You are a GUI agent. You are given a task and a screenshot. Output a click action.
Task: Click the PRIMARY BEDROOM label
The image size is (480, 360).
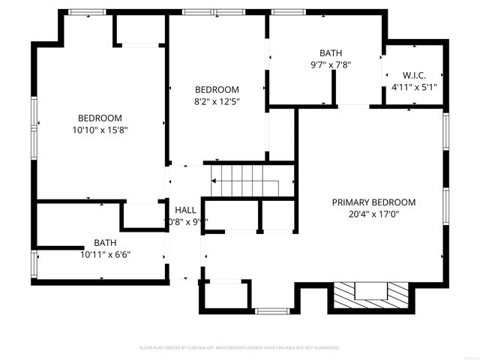coord(373,202)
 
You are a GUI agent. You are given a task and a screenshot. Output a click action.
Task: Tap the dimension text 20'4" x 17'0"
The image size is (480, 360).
coord(373,214)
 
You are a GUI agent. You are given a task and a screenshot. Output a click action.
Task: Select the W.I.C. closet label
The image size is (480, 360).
coord(414,75)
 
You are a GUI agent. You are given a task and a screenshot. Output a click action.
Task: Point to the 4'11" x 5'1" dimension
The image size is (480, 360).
coord(414,87)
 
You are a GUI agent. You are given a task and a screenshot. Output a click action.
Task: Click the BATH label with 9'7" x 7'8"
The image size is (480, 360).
coord(330,53)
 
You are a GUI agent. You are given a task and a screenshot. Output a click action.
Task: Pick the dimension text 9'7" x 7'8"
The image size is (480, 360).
coord(330,64)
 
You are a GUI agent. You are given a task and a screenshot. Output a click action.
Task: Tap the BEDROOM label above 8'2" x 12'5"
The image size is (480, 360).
coord(217,89)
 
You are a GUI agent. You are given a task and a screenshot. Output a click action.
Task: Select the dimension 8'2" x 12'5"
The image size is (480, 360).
coord(217,100)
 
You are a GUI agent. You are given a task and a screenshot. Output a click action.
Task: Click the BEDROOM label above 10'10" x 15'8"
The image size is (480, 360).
coord(100,118)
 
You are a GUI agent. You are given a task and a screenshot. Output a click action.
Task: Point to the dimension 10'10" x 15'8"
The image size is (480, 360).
coord(100,129)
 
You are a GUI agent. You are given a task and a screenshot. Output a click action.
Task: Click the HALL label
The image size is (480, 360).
coord(185,209)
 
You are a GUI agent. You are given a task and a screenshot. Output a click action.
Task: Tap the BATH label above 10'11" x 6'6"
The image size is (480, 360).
coord(105,242)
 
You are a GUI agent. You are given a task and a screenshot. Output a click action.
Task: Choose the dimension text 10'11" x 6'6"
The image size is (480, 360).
coord(105,253)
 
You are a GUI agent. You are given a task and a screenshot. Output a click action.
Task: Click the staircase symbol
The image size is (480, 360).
coord(244,181)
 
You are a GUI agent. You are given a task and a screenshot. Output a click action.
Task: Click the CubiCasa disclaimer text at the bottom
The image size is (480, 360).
coord(240,348)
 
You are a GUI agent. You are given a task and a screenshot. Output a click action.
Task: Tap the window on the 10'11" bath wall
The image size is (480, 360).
coord(33,264)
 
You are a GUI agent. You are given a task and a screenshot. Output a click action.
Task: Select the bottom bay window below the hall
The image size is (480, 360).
coord(271,310)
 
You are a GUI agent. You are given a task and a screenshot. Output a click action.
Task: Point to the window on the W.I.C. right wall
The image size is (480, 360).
coord(445,76)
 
